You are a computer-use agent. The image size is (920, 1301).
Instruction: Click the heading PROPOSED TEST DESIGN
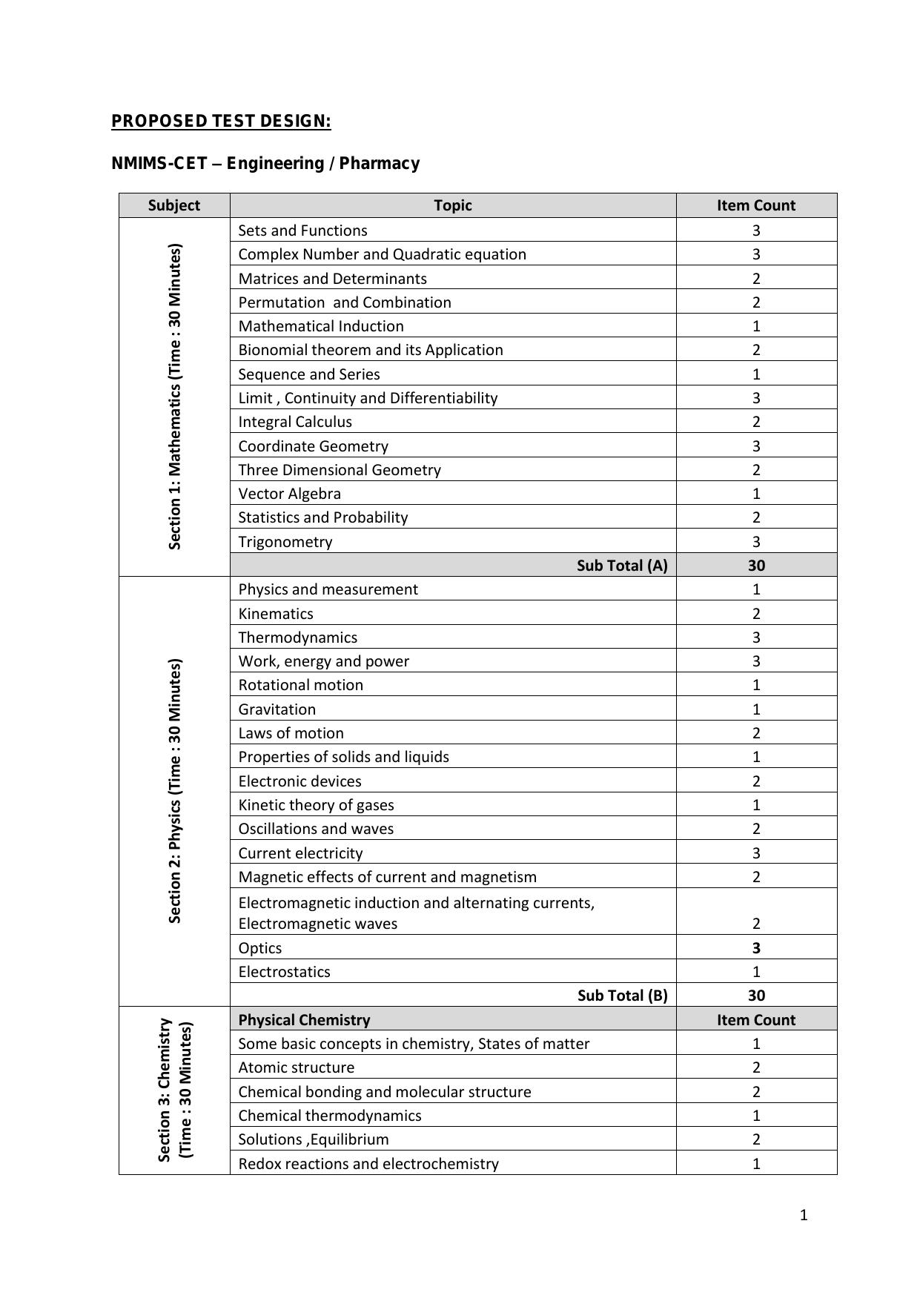[221, 122]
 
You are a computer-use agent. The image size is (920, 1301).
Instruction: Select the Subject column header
[174, 205]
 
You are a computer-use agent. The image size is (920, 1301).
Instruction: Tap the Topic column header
[453, 205]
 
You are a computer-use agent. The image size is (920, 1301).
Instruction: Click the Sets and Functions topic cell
[302, 231]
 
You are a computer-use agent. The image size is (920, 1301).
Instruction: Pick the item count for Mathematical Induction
[756, 326]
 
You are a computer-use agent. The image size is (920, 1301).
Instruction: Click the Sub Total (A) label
[622, 566]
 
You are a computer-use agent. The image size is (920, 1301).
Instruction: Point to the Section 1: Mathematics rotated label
[175, 397]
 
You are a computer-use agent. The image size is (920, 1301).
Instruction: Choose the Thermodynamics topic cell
[298, 638]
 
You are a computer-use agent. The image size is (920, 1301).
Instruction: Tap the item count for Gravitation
[756, 709]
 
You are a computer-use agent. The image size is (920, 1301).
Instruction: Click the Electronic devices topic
[300, 781]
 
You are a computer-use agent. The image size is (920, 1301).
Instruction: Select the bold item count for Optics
[756, 948]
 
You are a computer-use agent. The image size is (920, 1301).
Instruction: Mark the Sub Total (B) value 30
[756, 996]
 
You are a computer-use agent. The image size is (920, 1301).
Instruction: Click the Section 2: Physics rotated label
[175, 790]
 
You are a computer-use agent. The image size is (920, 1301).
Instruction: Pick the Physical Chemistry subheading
[305, 1020]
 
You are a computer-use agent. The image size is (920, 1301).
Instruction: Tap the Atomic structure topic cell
[297, 1067]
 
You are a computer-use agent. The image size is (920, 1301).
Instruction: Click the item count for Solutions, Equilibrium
[756, 1139]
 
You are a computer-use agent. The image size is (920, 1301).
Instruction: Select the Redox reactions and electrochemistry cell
[368, 1164]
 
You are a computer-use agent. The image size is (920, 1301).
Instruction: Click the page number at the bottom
[804, 1215]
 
